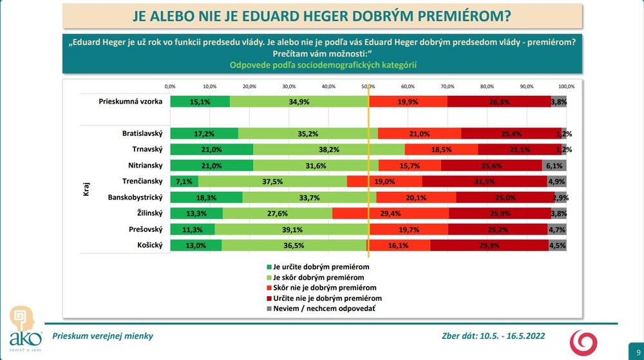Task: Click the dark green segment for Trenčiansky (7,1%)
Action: tap(184, 182)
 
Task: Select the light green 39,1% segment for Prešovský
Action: tap(292, 229)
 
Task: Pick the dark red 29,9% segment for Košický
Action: tap(489, 245)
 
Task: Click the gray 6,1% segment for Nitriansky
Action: tap(554, 166)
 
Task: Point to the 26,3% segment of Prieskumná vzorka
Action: tap(499, 101)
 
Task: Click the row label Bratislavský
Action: tap(142, 134)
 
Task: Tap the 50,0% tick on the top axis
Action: tap(368, 86)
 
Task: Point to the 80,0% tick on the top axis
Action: tap(487, 86)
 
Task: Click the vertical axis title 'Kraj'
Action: tap(86, 189)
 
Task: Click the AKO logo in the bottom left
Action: tap(24, 327)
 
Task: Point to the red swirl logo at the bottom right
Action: tap(585, 341)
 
